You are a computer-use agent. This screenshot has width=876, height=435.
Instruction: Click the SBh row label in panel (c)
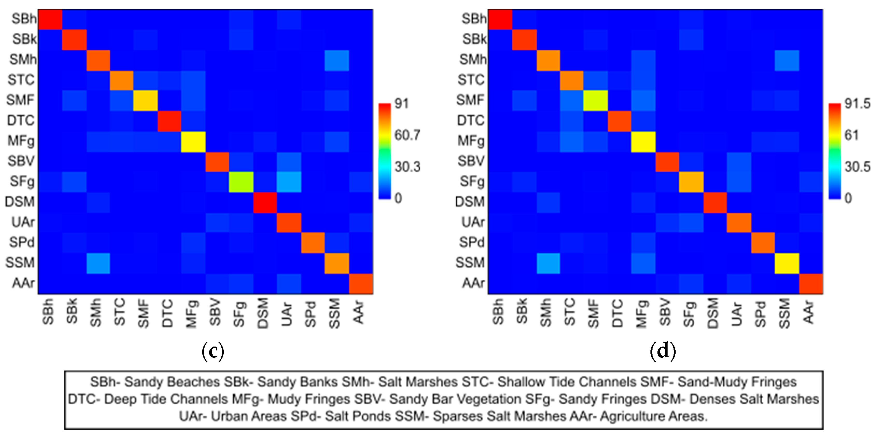(x=24, y=19)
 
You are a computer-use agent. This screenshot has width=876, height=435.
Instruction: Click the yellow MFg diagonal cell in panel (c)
(x=193, y=142)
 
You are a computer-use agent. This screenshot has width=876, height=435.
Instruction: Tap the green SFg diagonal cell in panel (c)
(x=241, y=182)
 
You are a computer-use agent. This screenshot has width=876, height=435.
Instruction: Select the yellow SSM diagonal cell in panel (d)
(x=787, y=263)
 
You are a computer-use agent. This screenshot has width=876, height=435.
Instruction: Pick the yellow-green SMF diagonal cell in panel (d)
(x=595, y=100)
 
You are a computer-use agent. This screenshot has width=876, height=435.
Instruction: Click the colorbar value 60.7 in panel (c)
(x=407, y=135)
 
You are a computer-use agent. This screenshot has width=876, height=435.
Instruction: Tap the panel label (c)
(x=213, y=351)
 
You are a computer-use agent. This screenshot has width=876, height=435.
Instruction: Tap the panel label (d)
(x=662, y=351)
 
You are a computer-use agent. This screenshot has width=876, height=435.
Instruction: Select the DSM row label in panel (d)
(x=469, y=202)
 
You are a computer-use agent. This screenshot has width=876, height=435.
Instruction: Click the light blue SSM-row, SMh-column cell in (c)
(x=98, y=263)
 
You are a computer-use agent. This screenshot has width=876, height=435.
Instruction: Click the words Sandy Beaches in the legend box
(x=172, y=382)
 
